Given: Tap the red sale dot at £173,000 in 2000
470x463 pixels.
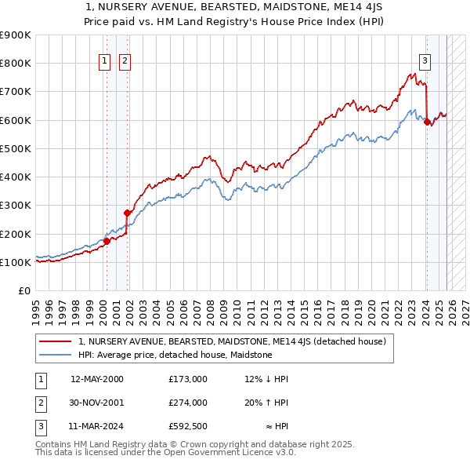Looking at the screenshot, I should click(x=107, y=241).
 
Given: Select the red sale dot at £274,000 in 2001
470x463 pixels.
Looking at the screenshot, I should click(x=127, y=213).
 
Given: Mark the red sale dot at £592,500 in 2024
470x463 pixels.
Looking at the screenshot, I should click(x=427, y=122).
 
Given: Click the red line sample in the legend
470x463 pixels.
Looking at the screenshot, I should click(x=55, y=342).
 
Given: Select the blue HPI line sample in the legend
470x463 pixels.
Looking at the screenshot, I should click(x=55, y=355).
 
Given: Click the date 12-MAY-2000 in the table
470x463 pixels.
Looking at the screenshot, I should click(x=97, y=379).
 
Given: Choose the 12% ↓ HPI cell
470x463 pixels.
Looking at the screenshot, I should click(x=266, y=379).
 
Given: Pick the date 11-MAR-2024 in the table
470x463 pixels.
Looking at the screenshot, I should click(x=97, y=428).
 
